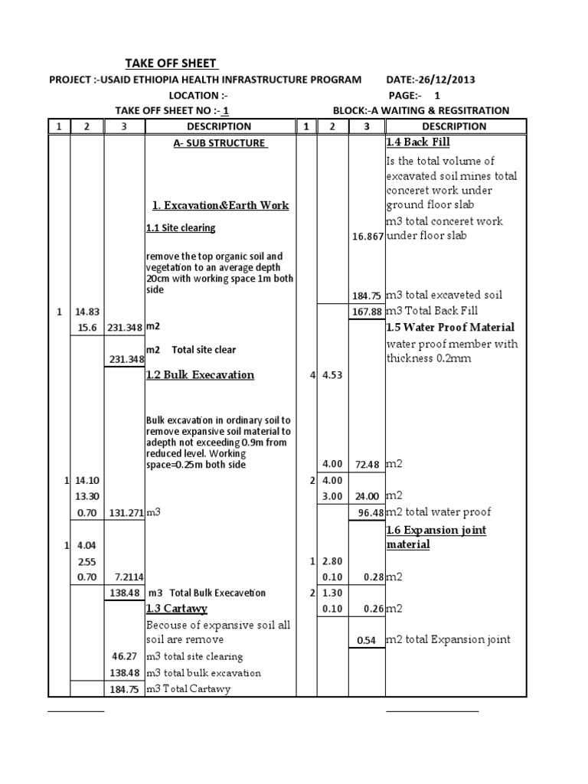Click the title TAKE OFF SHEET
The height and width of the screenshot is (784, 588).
(x=171, y=64)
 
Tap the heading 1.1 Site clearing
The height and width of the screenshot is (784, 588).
(x=181, y=227)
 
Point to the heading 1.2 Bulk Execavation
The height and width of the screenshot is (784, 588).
(x=200, y=375)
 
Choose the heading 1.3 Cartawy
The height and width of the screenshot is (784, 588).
(x=176, y=609)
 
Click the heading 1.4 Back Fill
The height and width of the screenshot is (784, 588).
(x=418, y=142)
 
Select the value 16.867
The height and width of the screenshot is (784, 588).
(x=367, y=237)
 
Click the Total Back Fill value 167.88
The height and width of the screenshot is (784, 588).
(x=367, y=312)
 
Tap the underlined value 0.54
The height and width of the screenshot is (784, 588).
(x=367, y=640)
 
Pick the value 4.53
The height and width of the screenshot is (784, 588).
(x=331, y=376)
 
